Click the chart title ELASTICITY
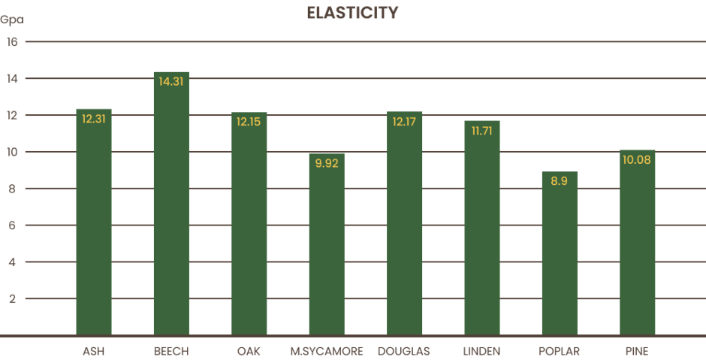coord(352,13)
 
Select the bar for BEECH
coord(171,210)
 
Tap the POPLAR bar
coord(560,256)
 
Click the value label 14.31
coord(171,82)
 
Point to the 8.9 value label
coord(560,181)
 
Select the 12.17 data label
coord(405,121)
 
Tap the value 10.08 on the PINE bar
coord(638,159)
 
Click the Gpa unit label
coord(12,20)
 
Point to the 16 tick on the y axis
coord(12,41)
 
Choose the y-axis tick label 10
coord(12,152)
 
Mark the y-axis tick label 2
coord(12,298)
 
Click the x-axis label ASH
coord(93,351)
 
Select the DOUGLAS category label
coord(405,351)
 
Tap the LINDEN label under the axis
coord(482,351)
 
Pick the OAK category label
coord(249,351)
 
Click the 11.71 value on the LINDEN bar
coord(482,130)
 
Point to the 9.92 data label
coord(327,162)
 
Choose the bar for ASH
coord(94,225)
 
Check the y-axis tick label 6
coord(12,225)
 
